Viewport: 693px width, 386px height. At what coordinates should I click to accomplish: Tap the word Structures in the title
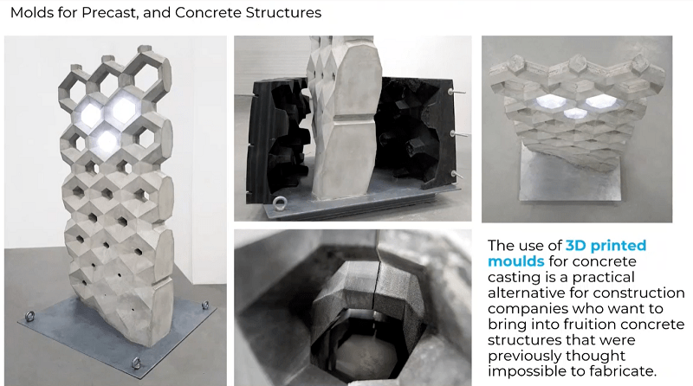pos(283,12)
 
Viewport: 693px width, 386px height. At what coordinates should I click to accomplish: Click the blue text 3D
pos(576,245)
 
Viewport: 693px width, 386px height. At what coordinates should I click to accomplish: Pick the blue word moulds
pos(515,261)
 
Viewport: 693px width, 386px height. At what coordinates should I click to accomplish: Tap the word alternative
pos(527,293)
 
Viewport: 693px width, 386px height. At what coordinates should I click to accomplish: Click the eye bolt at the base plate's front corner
pos(136,363)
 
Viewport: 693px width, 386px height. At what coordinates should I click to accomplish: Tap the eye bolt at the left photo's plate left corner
pos(29,316)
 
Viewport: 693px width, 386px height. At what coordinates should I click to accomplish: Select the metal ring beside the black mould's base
pos(279,203)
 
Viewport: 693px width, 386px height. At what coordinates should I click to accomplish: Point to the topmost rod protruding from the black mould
pos(457,92)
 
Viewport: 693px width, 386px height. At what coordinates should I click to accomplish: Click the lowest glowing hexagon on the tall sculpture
pos(107,140)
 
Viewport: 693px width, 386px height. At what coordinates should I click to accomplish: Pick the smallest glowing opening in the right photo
pos(575,113)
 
